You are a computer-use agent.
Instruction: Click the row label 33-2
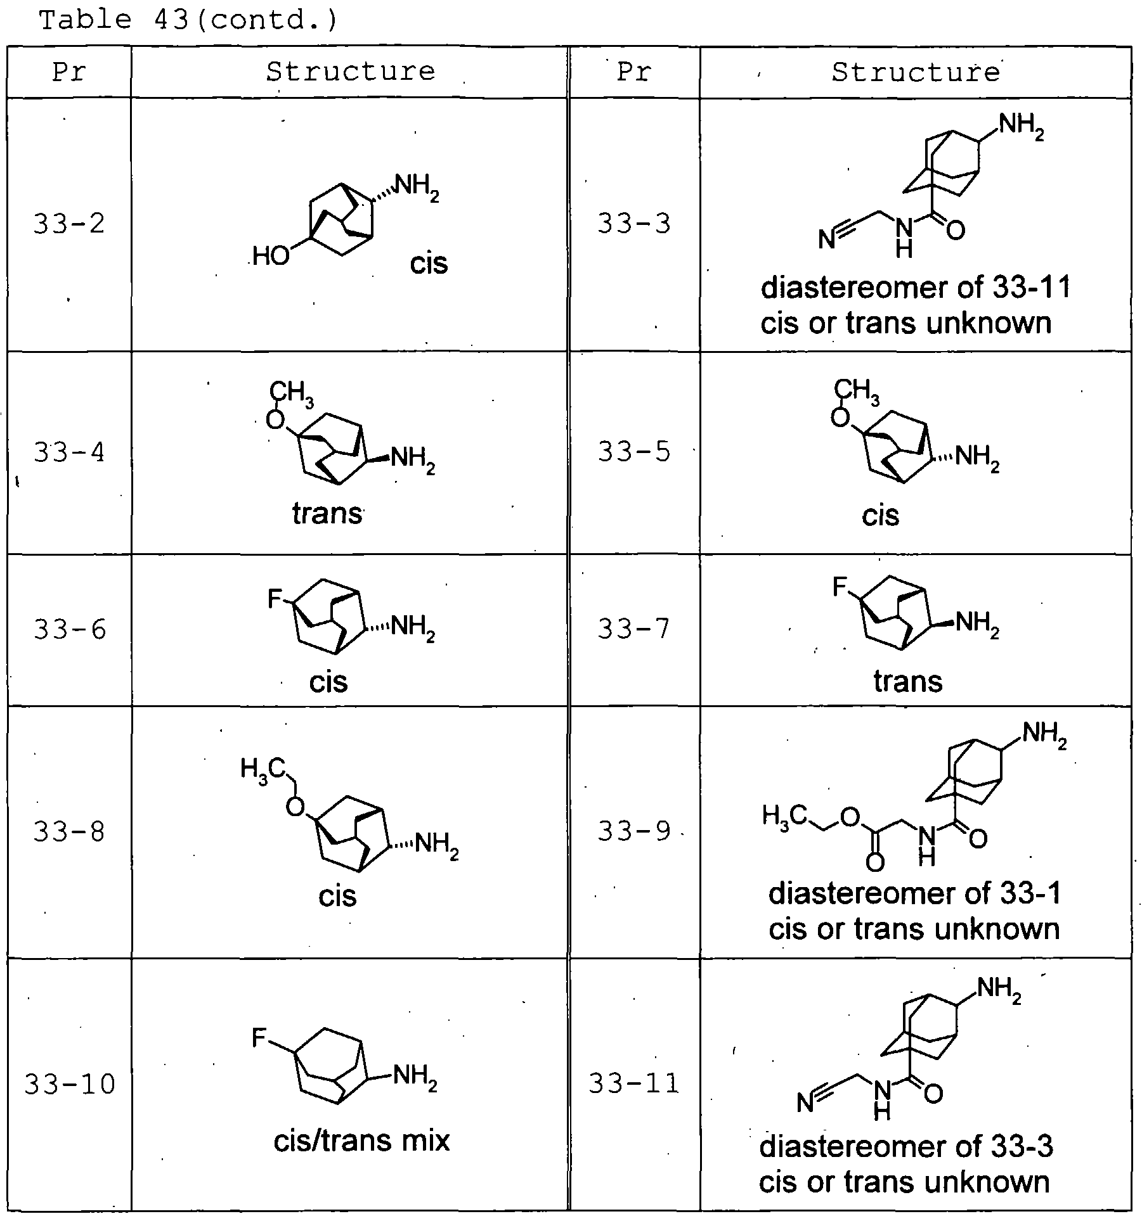[x=69, y=224]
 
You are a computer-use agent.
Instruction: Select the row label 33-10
[x=70, y=1084]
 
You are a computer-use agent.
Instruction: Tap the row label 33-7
[x=633, y=629]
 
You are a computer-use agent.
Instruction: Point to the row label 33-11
[x=633, y=1083]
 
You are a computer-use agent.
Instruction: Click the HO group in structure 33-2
[x=271, y=257]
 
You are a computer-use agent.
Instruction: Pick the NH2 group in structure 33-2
[x=417, y=187]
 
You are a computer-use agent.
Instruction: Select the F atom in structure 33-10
[x=259, y=1038]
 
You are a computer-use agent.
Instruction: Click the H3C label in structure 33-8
[x=263, y=770]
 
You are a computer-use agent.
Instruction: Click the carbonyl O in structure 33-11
[x=933, y=1093]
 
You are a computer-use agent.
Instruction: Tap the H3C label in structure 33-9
[x=785, y=817]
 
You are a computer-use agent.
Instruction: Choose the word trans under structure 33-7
[x=908, y=682]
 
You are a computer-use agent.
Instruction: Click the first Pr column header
[x=68, y=72]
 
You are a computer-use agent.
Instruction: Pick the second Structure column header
[x=916, y=72]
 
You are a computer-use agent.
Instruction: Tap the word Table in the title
[x=85, y=21]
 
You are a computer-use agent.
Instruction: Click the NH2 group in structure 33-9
[x=1045, y=736]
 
